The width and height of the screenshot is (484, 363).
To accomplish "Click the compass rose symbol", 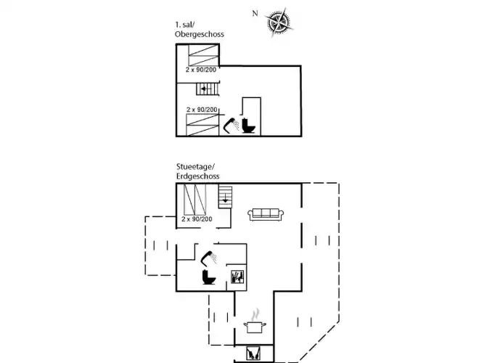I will click(x=279, y=23).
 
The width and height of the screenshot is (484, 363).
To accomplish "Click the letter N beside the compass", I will click(x=255, y=13).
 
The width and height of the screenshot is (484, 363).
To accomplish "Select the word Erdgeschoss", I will click(x=197, y=176).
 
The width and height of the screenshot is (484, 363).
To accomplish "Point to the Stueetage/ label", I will click(x=194, y=167).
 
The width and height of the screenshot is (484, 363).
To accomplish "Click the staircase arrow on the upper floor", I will click(x=206, y=89).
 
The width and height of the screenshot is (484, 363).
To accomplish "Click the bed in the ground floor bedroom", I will click(x=195, y=199).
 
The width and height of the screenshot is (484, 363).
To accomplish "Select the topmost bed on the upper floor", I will click(x=202, y=55).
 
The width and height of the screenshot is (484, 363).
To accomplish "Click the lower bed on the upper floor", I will click(x=202, y=124).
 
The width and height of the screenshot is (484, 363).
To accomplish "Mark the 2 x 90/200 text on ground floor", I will click(x=197, y=219).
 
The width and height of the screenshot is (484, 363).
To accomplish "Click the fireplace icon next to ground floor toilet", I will click(x=237, y=277).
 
